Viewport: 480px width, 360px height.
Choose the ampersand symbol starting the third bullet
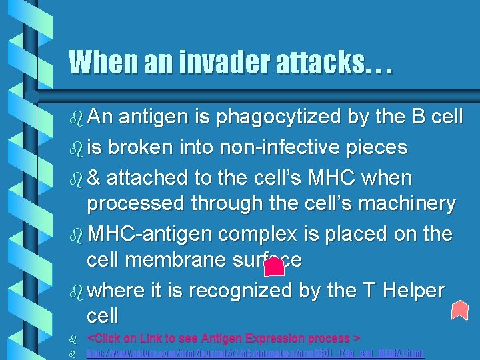pos(94,179)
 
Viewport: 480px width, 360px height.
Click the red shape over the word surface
pos(274,267)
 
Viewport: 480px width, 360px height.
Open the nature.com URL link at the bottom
pos(257,353)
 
